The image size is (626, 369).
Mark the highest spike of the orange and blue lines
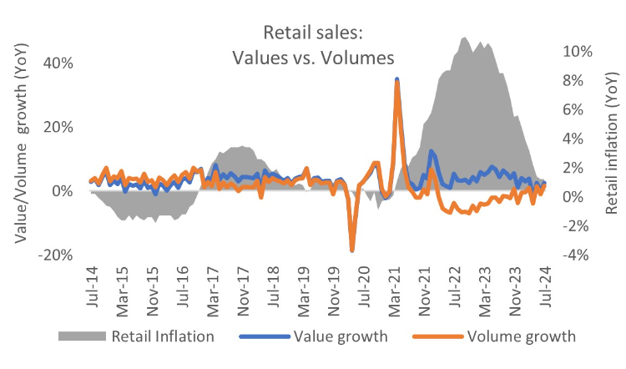397,79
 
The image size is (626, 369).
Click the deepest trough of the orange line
352,250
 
